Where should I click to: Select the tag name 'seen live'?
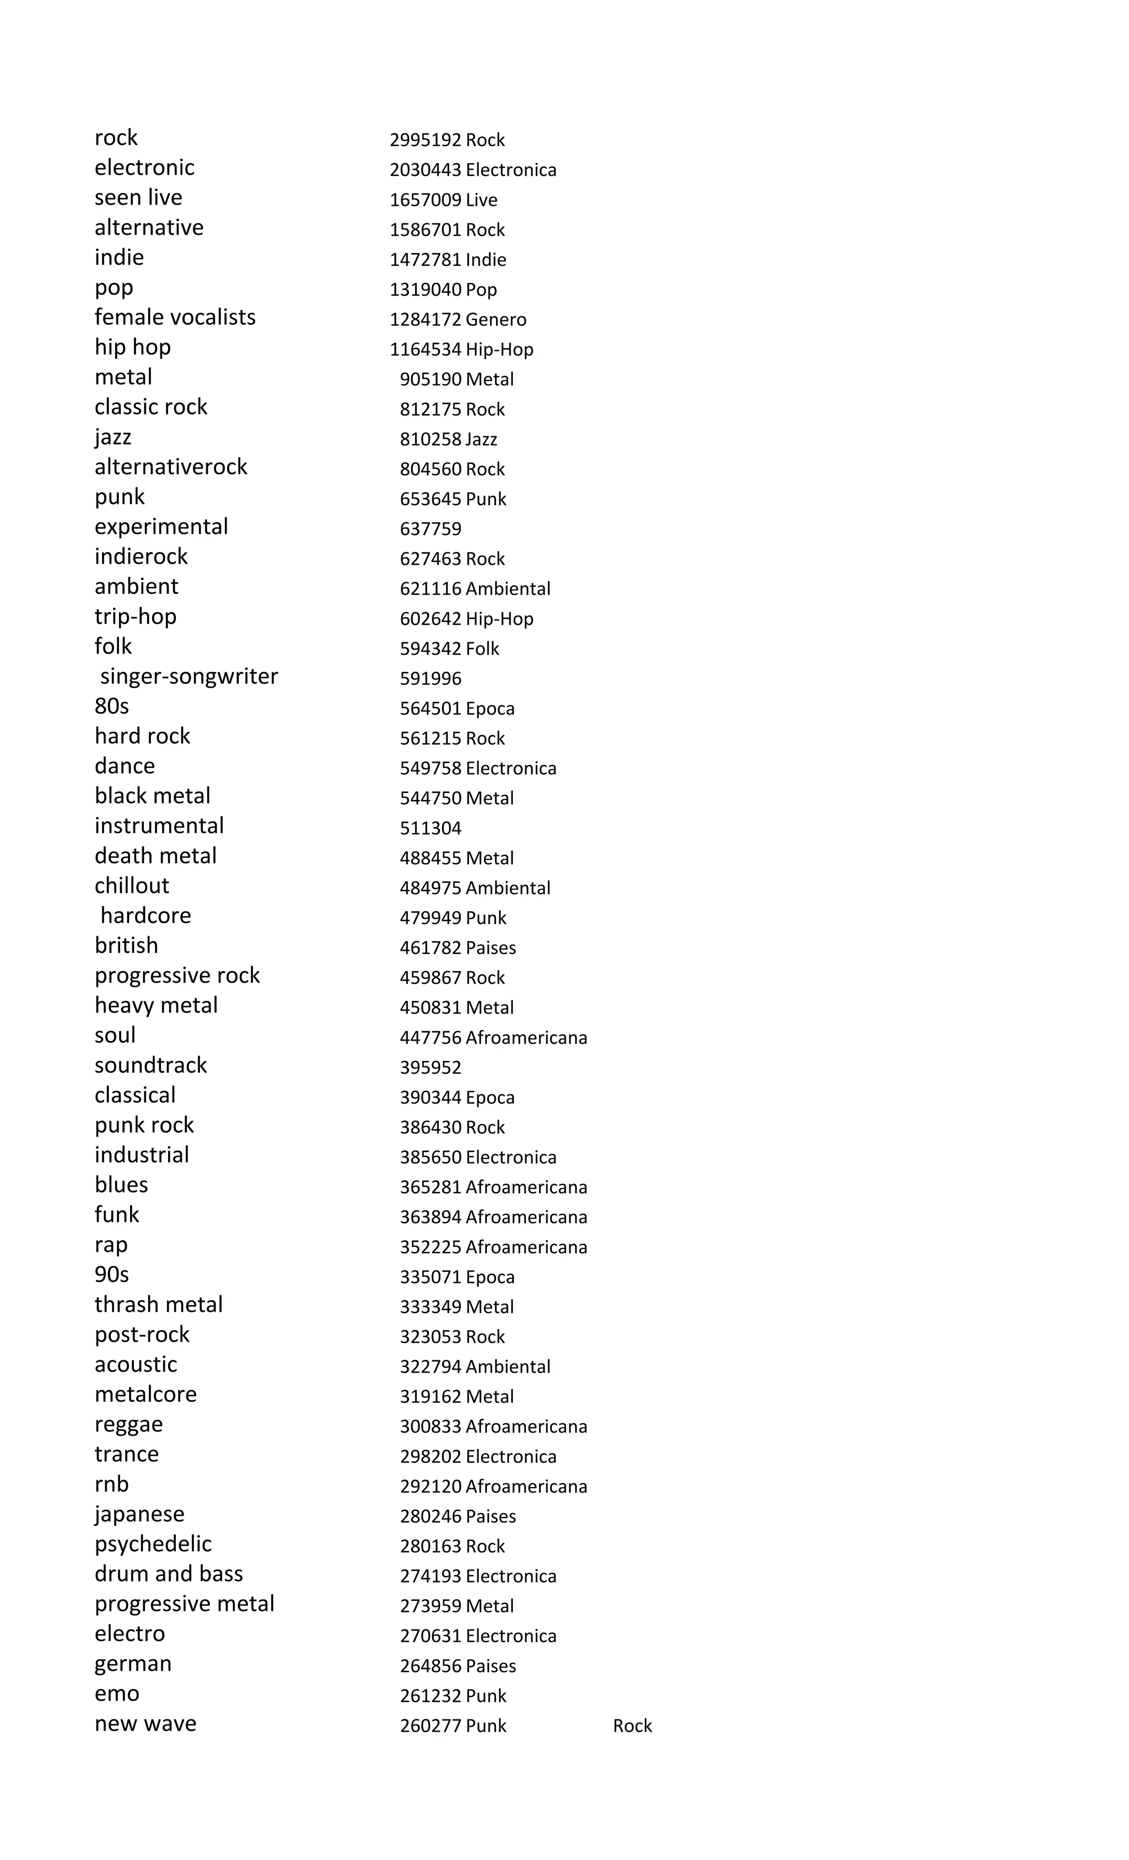click(x=138, y=198)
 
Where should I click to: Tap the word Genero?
click(x=496, y=320)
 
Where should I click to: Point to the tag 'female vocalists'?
click(x=175, y=318)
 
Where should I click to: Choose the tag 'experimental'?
click(x=161, y=527)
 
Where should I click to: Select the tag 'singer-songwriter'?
click(x=189, y=677)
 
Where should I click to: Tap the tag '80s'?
click(x=112, y=706)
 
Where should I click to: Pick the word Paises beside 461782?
click(x=491, y=948)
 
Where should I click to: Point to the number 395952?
click(x=430, y=1068)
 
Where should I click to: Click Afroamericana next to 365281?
click(x=526, y=1187)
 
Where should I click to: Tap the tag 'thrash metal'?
click(x=158, y=1305)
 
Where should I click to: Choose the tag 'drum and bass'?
click(x=168, y=1574)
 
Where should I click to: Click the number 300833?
click(x=430, y=1427)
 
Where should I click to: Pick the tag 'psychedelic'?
click(x=153, y=1545)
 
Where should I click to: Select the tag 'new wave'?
click(x=146, y=1724)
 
